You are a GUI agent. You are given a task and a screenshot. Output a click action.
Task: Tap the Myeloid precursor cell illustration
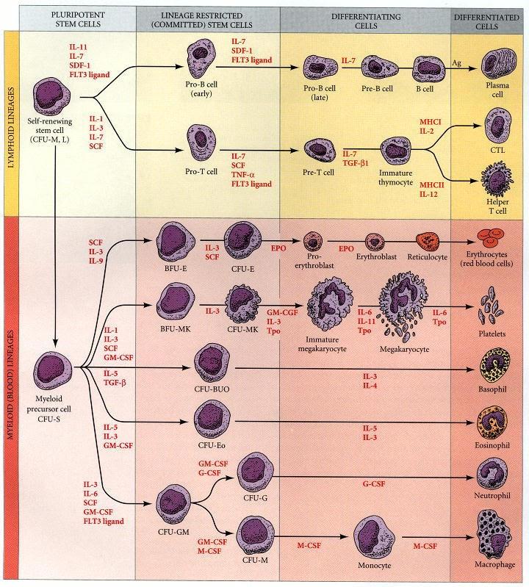pyautogui.click(x=56, y=367)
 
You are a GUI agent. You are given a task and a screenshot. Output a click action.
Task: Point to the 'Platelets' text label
pyautogui.click(x=491, y=331)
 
